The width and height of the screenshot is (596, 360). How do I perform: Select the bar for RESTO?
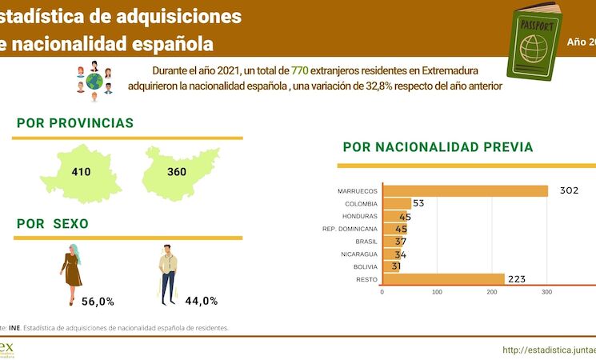[x=444, y=279]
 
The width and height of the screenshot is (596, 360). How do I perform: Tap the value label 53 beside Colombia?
[x=418, y=203]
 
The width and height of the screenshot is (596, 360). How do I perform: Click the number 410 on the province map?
[x=81, y=172]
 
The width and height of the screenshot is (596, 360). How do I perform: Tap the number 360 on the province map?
[x=177, y=172]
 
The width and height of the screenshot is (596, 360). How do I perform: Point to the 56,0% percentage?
[x=98, y=302]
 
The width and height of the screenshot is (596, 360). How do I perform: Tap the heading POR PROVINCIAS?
[x=75, y=123]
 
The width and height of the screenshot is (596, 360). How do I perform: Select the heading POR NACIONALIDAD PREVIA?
[x=438, y=147]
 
